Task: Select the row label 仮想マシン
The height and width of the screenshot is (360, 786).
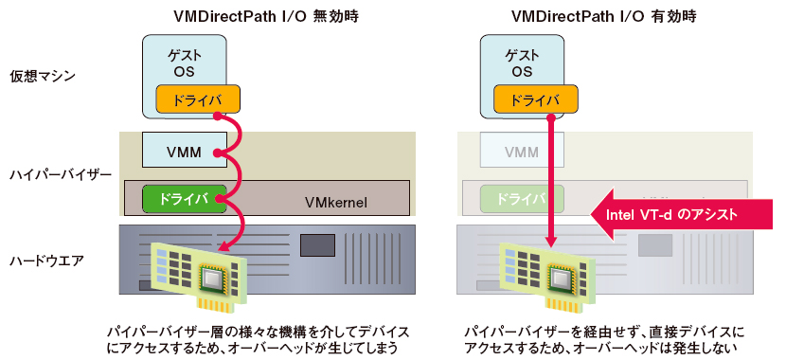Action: [x=43, y=76]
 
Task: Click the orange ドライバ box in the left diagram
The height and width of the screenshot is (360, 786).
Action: [x=198, y=99]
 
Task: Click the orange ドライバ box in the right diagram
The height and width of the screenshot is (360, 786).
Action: [x=536, y=99]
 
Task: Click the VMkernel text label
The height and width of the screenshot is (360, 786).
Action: [x=335, y=203]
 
